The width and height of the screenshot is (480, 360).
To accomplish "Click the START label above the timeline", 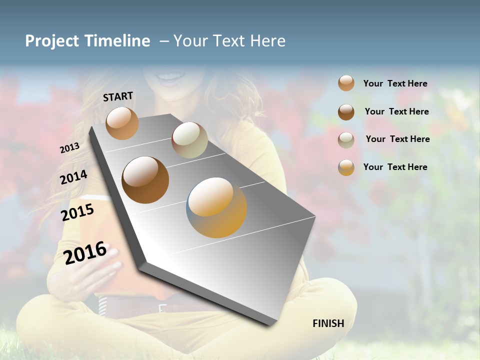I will (x=118, y=96).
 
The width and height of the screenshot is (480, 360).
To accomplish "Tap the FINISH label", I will (x=328, y=323).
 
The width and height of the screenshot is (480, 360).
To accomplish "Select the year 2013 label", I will (x=69, y=148).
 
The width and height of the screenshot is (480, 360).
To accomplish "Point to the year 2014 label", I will (x=73, y=177).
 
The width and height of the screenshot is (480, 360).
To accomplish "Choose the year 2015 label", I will (x=77, y=212).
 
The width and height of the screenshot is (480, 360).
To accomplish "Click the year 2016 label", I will (x=85, y=252).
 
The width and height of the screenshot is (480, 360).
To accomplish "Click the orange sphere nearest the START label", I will (x=122, y=123).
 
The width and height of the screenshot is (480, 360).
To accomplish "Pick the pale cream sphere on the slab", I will (x=189, y=140).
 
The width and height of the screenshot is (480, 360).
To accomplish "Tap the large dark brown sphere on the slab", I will (x=145, y=180).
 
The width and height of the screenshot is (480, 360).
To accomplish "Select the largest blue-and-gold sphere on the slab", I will (x=216, y=207).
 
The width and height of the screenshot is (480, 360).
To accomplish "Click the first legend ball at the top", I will (x=346, y=83).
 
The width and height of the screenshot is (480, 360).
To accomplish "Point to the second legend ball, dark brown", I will (x=346, y=111).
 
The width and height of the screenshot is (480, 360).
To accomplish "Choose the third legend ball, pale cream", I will (x=346, y=139).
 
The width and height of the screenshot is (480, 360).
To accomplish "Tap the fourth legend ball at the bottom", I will (x=346, y=167).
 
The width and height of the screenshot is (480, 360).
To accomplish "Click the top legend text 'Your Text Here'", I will (x=395, y=83).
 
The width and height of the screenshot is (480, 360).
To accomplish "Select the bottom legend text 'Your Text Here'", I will (x=395, y=167).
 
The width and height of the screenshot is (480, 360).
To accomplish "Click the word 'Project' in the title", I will (x=51, y=41).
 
